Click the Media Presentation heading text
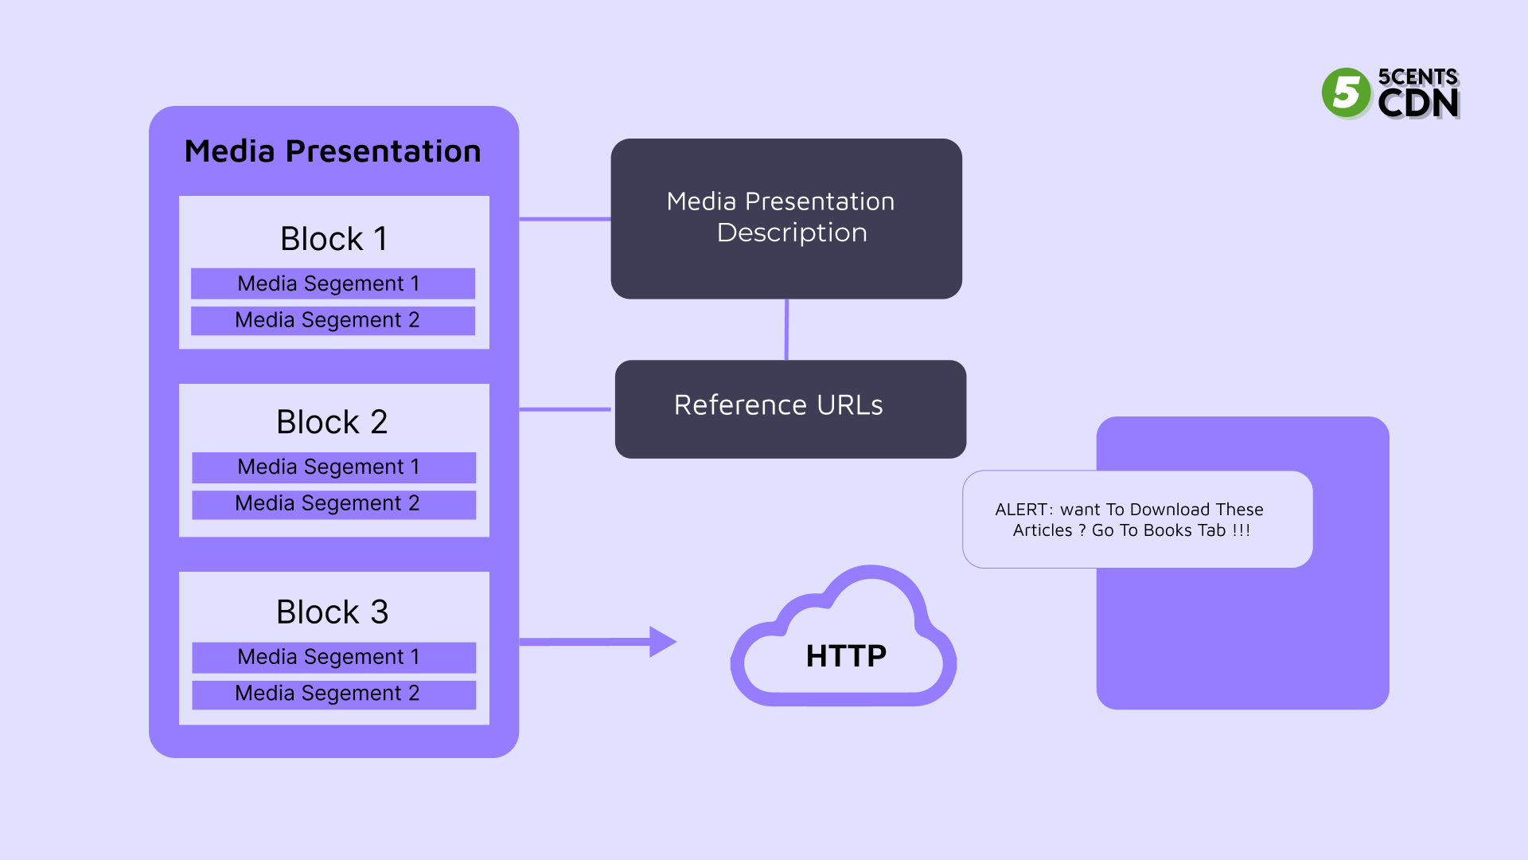tap(333, 151)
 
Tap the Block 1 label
tap(333, 239)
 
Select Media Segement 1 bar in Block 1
tap(333, 283)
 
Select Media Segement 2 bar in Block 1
tap(333, 320)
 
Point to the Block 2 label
tap(332, 422)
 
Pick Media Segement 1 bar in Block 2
tap(333, 467)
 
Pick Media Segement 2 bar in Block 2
tap(333, 504)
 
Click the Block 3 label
tap(332, 612)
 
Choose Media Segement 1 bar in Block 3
tap(333, 657)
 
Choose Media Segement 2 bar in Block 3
tap(333, 694)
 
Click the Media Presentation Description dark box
tap(785, 218)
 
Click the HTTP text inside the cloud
tap(845, 656)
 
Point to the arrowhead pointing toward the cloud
tap(662, 641)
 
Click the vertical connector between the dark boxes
tap(786, 329)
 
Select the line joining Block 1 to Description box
tap(564, 218)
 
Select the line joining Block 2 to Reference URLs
tap(564, 409)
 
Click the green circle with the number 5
tap(1346, 92)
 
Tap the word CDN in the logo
tap(1417, 104)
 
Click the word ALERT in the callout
tap(1020, 510)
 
